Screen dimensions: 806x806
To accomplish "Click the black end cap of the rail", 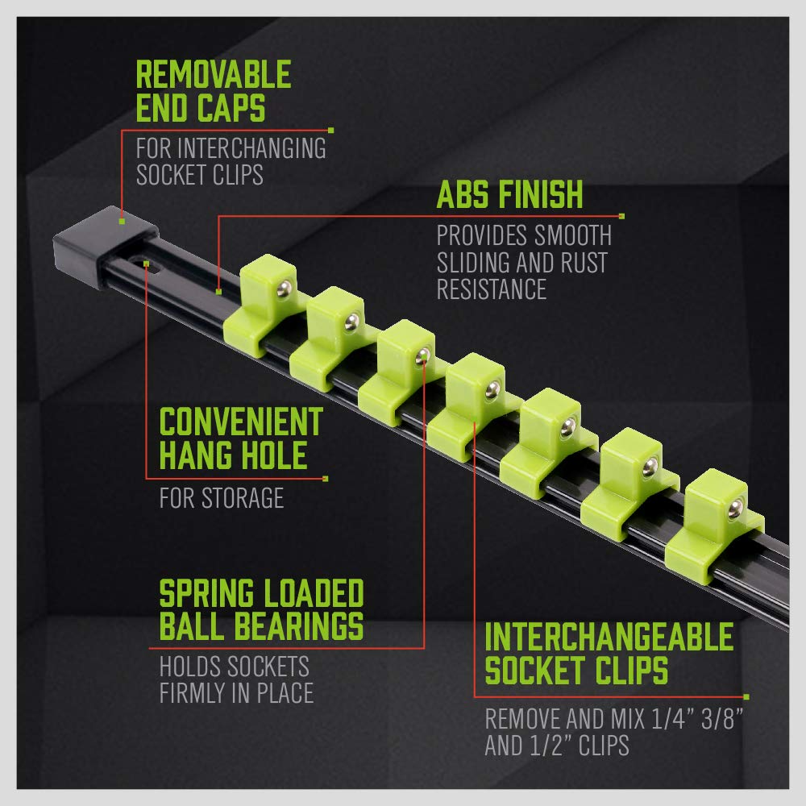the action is pos(106,246).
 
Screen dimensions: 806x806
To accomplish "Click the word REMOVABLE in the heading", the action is pos(214,74).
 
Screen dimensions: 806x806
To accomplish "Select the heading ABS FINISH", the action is pos(509,194).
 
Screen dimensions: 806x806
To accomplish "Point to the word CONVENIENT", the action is pos(241,422).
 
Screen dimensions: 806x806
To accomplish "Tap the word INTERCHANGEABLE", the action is pos(609,637).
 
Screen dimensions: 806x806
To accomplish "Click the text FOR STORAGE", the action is pos(222,497).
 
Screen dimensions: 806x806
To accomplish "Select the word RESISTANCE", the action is pos(492,289).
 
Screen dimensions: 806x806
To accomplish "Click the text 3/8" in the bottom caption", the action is pos(722,719).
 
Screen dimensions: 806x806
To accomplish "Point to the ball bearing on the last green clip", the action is pos(735,509).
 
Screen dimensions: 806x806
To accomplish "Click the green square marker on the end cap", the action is pos(122,221).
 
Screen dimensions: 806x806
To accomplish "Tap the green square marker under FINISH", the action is pos(621,216).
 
